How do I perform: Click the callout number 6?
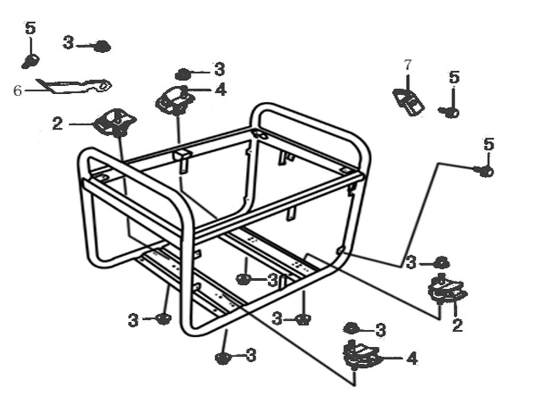(x=18, y=91)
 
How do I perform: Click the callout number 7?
(x=408, y=66)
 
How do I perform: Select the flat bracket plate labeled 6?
(x=75, y=85)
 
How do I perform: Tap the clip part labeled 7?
(x=409, y=101)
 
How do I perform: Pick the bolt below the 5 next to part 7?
(x=450, y=112)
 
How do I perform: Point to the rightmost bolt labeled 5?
(x=484, y=171)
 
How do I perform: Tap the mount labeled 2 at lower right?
(x=447, y=290)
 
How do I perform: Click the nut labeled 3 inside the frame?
(x=243, y=279)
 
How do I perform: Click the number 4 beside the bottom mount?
(x=411, y=359)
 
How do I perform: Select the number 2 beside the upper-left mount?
(x=57, y=124)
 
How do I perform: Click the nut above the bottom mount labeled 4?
(x=351, y=328)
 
